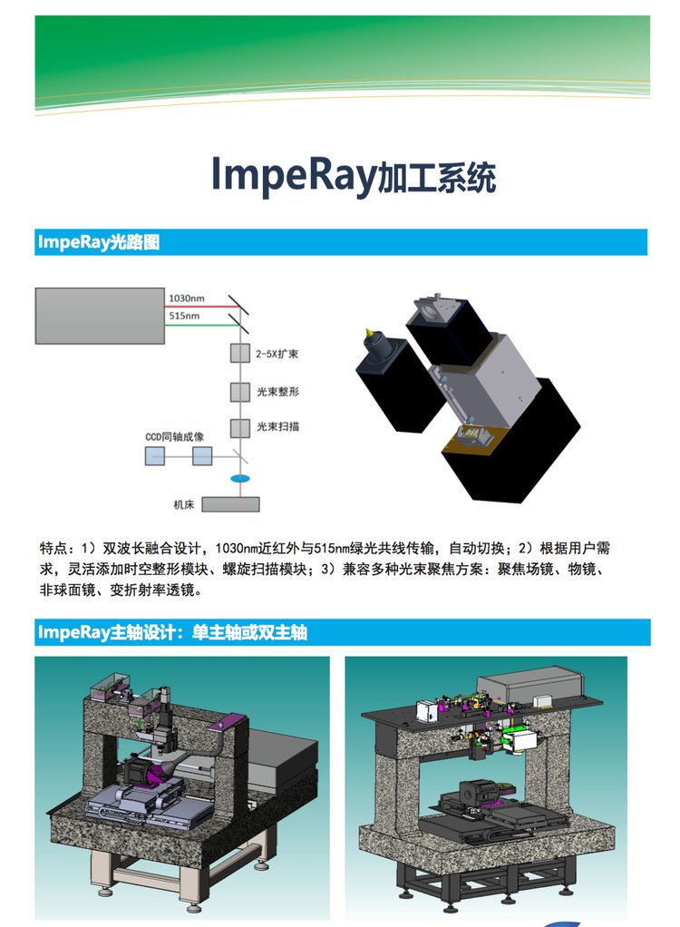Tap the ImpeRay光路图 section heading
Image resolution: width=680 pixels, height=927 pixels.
(x=99, y=242)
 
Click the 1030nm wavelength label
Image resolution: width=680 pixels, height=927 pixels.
(x=186, y=298)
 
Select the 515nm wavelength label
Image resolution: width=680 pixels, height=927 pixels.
(x=184, y=316)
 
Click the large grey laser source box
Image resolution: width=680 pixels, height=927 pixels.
(x=100, y=316)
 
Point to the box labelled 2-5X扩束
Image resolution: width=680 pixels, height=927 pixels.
(x=240, y=354)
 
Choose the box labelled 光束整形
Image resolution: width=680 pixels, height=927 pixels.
(x=240, y=391)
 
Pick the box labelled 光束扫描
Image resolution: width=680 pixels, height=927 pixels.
(x=240, y=428)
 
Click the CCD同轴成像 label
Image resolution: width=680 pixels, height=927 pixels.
(x=174, y=437)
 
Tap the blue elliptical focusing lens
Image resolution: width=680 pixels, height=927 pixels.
(x=240, y=478)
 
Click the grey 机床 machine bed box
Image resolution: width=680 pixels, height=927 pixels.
(x=230, y=504)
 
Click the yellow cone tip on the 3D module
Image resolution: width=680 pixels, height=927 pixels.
(x=369, y=332)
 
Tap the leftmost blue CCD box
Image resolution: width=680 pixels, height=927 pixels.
(x=155, y=456)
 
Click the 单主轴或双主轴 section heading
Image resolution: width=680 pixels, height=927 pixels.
(x=249, y=632)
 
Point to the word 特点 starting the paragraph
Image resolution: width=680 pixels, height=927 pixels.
(x=53, y=548)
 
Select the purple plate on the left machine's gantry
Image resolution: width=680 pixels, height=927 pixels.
(x=228, y=722)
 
